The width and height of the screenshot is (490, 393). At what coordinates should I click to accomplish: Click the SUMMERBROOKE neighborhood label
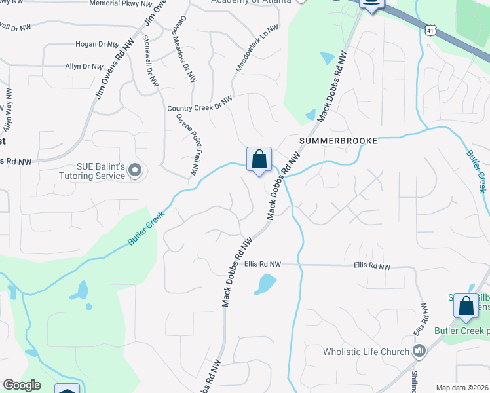(339, 141)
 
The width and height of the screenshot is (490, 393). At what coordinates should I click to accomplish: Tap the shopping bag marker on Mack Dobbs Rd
(259, 159)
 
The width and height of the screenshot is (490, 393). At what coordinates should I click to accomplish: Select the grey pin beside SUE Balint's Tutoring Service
(135, 171)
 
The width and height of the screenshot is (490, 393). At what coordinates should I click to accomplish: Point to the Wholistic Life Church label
(366, 352)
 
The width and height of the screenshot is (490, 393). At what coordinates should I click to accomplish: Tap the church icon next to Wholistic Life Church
(419, 351)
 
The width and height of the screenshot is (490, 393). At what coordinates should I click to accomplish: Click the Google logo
(22, 385)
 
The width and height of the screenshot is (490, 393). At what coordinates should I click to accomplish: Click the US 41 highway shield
(430, 30)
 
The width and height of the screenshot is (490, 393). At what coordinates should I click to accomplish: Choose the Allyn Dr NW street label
(84, 66)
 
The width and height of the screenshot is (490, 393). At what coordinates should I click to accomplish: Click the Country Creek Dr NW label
(200, 103)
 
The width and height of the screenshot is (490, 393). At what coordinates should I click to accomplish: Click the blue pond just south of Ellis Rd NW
(265, 284)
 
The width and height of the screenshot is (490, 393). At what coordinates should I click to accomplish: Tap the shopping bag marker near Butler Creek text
(466, 305)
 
